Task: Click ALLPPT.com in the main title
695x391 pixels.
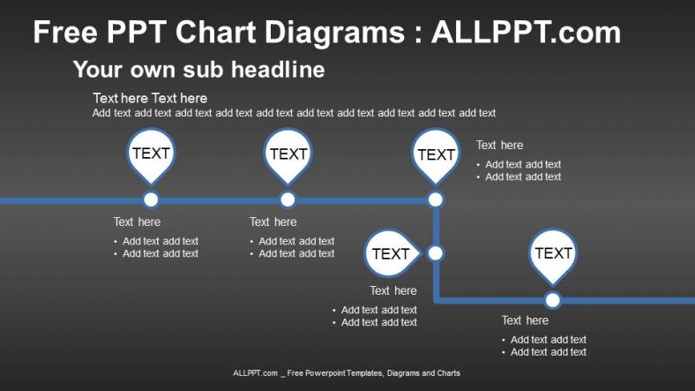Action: point(526,33)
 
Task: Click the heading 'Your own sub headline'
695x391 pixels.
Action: point(198,69)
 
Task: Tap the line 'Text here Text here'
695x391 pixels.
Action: point(150,98)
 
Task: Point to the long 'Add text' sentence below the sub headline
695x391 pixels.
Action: point(294,113)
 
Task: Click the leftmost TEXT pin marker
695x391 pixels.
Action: point(151,154)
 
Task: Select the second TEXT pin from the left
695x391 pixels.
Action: point(288,154)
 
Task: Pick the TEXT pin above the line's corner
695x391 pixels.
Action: point(436,154)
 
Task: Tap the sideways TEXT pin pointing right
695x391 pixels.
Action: point(390,254)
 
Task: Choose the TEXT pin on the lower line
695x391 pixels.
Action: point(553,253)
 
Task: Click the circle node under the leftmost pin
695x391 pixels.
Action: point(151,199)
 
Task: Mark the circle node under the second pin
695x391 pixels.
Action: point(288,199)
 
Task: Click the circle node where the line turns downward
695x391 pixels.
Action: point(436,199)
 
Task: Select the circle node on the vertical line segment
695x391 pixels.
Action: point(435,253)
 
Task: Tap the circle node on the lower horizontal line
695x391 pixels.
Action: point(552,300)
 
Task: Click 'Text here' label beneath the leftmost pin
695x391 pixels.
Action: point(137,222)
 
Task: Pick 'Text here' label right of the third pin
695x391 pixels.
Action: point(499,146)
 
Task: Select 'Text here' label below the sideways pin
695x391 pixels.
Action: point(393,291)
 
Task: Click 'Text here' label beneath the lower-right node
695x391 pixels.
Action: point(525,320)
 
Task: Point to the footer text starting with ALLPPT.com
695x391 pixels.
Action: point(347,373)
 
